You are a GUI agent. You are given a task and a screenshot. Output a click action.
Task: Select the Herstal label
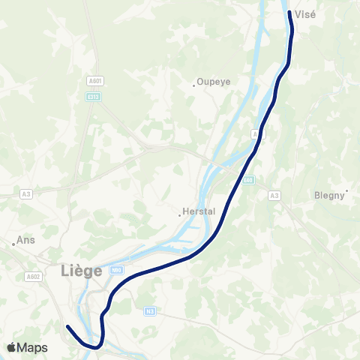pyautogui.click(x=201, y=211)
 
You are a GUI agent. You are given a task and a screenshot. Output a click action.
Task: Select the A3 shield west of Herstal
pyautogui.click(x=26, y=193)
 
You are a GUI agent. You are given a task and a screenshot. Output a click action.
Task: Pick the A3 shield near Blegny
pyautogui.click(x=274, y=196)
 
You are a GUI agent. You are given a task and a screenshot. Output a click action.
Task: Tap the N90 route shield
pyautogui.click(x=115, y=270)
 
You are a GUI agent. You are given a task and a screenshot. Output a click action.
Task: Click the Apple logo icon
pyautogui.click(x=11, y=347)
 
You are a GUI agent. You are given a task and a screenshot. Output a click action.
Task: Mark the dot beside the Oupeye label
pyautogui.click(x=193, y=85)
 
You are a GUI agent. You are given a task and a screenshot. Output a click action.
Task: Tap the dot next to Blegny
pyautogui.click(x=347, y=190)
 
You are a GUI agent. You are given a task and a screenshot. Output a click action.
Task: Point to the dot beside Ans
pyautogui.click(x=14, y=243)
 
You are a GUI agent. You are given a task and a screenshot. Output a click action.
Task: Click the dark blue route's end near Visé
pyautogui.click(x=289, y=12)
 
